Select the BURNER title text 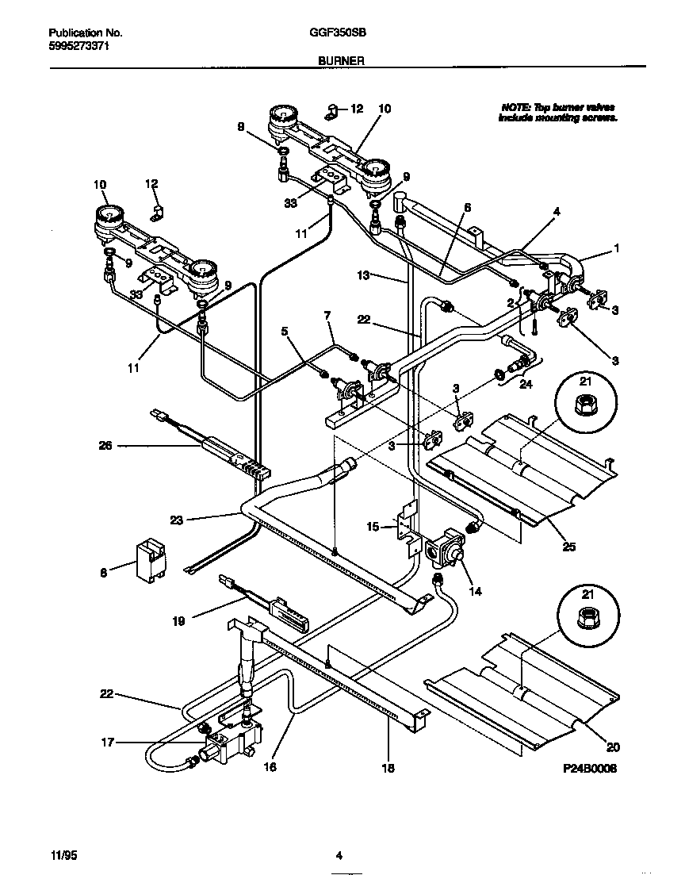[x=342, y=59]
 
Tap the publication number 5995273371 [x=78, y=46]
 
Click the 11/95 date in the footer [x=62, y=855]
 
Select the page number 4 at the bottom [x=339, y=855]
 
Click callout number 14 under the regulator [x=474, y=590]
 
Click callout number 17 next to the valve [x=108, y=743]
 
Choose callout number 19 [x=179, y=621]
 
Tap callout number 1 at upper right [x=615, y=248]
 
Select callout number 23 [x=176, y=520]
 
